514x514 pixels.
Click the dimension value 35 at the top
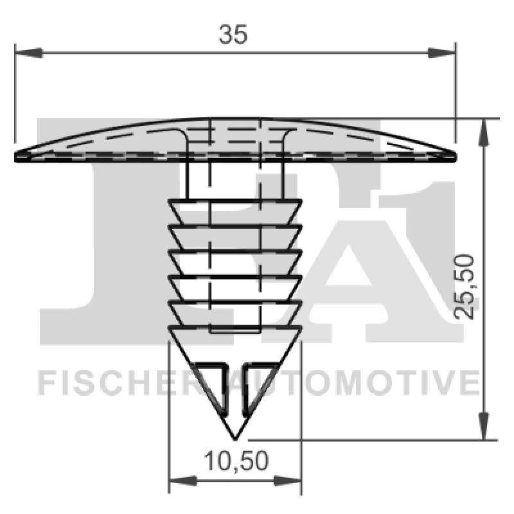232,35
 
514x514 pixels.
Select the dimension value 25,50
463,286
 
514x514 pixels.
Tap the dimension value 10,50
235,461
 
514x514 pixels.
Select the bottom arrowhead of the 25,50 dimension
484,427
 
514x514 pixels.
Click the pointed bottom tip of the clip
235,439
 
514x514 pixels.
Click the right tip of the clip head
454,155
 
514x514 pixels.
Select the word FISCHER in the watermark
122,383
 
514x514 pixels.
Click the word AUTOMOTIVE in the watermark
360,383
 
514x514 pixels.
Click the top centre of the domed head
235,120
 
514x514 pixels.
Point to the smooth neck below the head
235,180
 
